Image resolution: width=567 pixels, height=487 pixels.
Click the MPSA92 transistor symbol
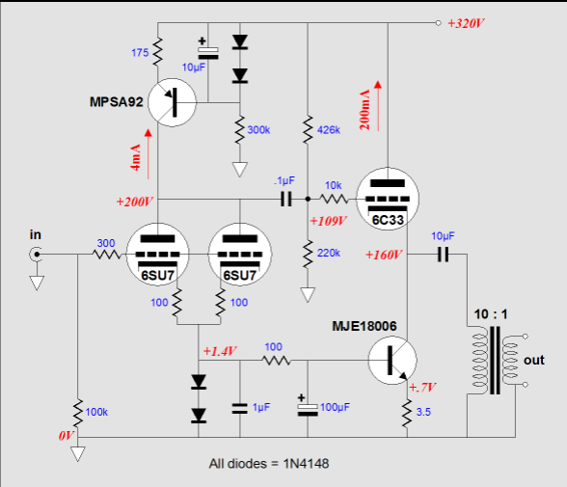172,102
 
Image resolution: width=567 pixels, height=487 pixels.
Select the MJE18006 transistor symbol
392,360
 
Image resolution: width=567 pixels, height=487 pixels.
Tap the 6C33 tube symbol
388,199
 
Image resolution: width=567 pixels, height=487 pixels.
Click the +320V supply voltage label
466,23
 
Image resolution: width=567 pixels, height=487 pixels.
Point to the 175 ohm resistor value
140,53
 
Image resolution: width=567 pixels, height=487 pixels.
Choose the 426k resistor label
329,130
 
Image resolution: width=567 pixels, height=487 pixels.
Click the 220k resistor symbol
308,254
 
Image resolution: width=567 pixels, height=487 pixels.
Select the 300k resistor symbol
240,130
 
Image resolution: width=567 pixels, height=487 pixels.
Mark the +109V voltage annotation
328,221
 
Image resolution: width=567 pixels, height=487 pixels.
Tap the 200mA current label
364,110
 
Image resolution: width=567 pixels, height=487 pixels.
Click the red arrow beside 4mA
148,154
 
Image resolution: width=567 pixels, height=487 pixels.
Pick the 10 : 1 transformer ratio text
491,314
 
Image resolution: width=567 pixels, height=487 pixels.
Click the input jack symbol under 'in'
36,255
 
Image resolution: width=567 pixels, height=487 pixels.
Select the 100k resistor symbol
78,414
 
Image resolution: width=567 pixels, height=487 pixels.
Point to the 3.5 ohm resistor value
423,412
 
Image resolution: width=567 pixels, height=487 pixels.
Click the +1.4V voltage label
220,351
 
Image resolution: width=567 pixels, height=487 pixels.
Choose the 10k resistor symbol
334,199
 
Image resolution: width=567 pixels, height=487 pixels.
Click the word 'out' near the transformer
534,360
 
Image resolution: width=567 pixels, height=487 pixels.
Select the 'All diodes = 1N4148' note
269,464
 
